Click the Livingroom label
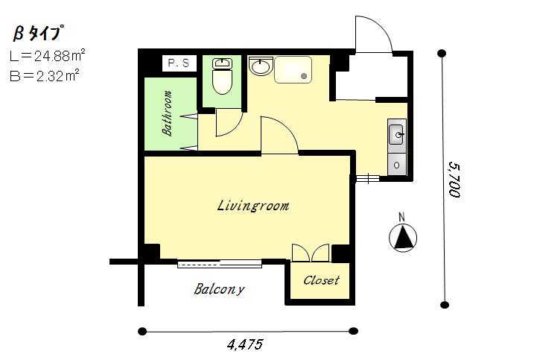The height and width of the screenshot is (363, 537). pos(253,206)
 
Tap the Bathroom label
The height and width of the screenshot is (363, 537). pos(167,113)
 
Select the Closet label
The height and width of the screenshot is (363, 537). pos(321,280)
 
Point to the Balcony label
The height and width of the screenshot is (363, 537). pos(219,289)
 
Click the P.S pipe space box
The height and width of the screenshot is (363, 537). pos(179,63)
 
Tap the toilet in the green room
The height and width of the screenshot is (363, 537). pos(222,76)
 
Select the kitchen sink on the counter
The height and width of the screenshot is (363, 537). pos(396,135)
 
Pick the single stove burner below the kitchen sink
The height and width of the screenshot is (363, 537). pos(396,165)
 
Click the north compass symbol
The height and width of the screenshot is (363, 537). pos(403,236)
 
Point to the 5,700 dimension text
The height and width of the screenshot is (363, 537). pos(454,180)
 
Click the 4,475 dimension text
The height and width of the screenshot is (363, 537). pos(245,344)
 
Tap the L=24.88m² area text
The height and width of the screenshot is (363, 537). pos(47,55)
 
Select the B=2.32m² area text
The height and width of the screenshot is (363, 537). pos(45,76)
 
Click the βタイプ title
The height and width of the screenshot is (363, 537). pos(39,34)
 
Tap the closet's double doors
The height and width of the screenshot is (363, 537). pos(311,253)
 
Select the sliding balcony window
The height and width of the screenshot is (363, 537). pos(220,264)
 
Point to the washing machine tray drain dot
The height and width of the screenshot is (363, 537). pos(304,76)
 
